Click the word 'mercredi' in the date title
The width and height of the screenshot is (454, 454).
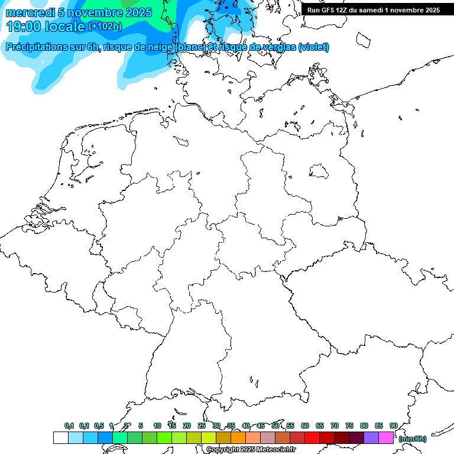coord(30,12)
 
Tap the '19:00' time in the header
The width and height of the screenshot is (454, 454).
coord(23,26)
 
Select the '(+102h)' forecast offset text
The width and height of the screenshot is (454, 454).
coord(105,27)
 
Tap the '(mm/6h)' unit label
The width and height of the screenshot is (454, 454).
coord(413,439)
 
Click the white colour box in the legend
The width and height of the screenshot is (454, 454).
coord(60,438)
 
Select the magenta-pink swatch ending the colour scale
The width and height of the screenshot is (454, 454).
coord(386,438)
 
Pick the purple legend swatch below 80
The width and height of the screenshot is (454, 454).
coord(371,438)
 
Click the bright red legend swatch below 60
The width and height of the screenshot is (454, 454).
coord(312,438)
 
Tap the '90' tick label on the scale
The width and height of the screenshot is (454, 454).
coord(394,426)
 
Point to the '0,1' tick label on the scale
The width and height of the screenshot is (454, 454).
coord(69,426)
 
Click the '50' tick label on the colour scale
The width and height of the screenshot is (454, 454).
coord(275,426)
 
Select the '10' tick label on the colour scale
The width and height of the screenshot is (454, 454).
coord(157,426)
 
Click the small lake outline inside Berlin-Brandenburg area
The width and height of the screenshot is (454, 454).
coord(319,172)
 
